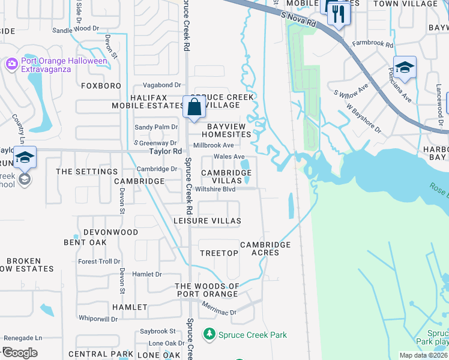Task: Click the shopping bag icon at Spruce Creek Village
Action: tap(194, 108)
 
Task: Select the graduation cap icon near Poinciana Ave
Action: tap(405, 68)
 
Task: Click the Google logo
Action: tap(20, 353)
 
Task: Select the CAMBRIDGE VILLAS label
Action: tap(226, 176)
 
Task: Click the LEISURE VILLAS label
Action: tap(207, 221)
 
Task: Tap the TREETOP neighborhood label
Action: tap(218, 253)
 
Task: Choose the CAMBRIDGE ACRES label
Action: tap(265, 248)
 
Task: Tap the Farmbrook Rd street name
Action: tap(372, 44)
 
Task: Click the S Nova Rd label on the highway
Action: tap(298, 21)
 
